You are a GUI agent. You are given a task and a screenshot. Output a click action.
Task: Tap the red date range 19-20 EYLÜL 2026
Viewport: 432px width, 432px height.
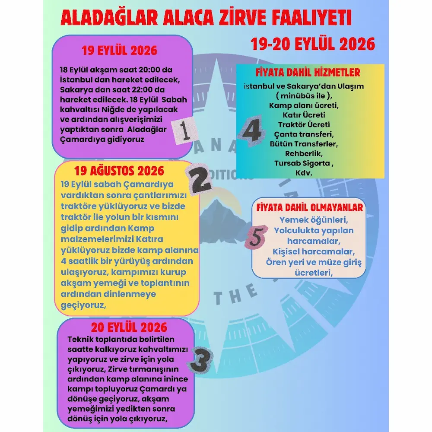coord(313,44)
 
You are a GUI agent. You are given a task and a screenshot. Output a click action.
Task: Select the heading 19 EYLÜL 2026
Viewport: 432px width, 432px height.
coord(120,51)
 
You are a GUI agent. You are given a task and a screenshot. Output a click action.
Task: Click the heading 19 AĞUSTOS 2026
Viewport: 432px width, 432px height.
coord(119,170)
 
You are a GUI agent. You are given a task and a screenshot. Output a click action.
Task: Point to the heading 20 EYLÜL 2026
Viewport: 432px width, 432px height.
coord(129,326)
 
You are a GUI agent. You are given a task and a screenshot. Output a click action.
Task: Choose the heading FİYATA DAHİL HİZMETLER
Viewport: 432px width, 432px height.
coord(308,72)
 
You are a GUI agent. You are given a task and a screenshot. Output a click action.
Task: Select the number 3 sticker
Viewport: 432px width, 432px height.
coord(201,359)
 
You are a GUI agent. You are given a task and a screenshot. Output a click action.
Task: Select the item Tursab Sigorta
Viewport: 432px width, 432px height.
coord(304,163)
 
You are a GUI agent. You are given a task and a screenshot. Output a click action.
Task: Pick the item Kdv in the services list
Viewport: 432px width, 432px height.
coord(304,173)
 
